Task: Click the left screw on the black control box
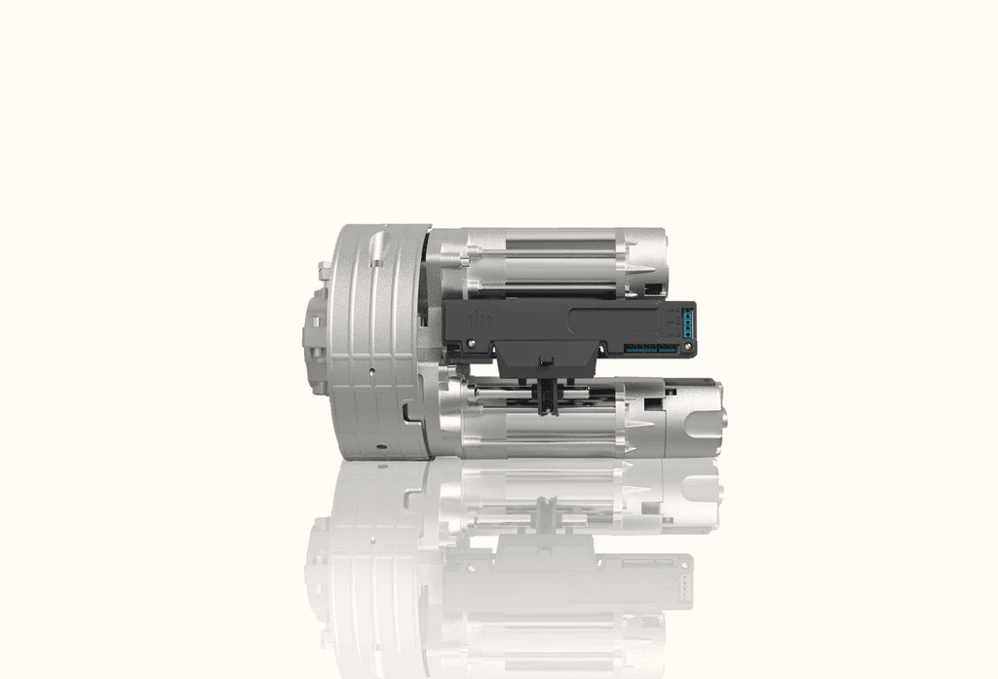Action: click(x=471, y=343)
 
